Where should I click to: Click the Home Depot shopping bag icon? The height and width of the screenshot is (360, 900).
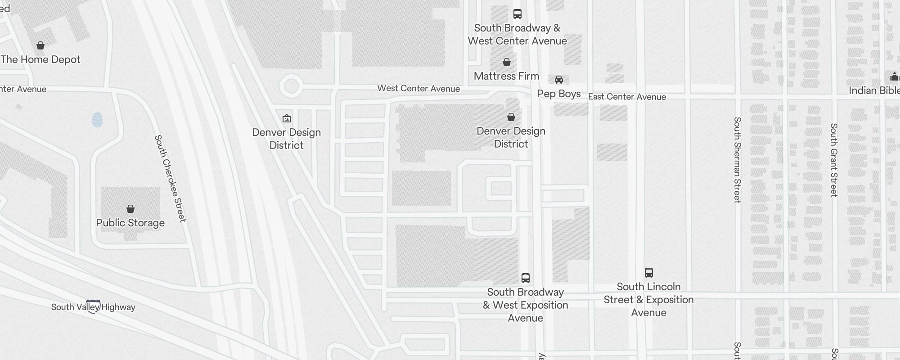[x=40, y=45]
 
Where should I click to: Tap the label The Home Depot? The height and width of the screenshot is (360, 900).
[x=40, y=59]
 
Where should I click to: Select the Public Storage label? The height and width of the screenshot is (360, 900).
[x=130, y=223]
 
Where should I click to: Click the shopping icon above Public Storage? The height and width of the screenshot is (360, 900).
[x=130, y=209]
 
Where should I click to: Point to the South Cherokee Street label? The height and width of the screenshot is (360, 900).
[x=170, y=178]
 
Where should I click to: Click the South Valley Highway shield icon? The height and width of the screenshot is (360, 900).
[x=93, y=306]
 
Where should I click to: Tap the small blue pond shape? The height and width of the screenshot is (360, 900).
[x=97, y=120]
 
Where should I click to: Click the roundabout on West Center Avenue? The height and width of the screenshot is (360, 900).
[x=291, y=85]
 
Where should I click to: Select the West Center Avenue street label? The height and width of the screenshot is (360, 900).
[x=418, y=88]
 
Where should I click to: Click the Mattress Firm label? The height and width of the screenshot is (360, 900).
[x=506, y=76]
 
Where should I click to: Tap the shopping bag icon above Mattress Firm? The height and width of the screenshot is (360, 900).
[x=507, y=62]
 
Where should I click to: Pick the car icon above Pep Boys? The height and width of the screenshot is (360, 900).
[x=559, y=80]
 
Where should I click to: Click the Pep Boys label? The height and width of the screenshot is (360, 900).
[x=559, y=94]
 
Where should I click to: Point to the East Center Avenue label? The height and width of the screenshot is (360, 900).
[x=627, y=97]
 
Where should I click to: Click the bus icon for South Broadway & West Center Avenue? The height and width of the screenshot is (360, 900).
[x=517, y=14]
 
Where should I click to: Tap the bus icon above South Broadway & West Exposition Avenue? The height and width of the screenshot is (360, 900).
[x=526, y=278]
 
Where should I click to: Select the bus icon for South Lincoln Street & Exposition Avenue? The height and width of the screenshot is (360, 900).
[x=649, y=272]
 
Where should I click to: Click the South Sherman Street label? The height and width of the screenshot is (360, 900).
[x=737, y=160]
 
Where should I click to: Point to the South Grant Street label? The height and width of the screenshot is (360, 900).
[x=834, y=160]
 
